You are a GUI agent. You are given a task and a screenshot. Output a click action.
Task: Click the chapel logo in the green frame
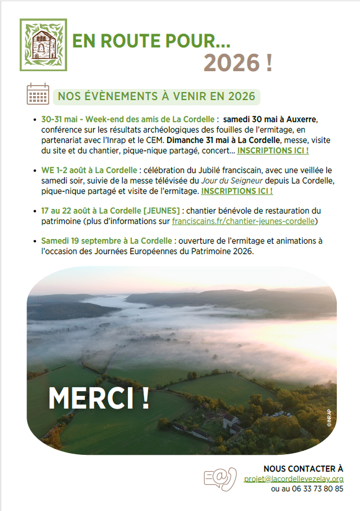click(x=43, y=45)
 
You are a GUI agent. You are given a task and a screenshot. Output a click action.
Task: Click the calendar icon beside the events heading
click(x=38, y=94)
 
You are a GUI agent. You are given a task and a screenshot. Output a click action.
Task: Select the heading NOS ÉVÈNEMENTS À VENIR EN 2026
click(x=156, y=96)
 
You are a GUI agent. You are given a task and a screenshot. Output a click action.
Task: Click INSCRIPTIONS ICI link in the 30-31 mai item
click(x=273, y=150)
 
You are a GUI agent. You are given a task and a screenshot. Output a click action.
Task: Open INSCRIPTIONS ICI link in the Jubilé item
click(x=237, y=190)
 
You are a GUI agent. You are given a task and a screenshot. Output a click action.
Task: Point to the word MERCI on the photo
click(x=98, y=398)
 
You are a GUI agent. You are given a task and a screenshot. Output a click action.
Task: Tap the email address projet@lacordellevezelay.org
click(x=293, y=479)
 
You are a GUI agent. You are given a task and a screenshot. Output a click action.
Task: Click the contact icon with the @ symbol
click(x=221, y=479)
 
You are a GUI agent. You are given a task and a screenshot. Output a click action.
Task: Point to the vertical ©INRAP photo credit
click(x=328, y=418)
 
